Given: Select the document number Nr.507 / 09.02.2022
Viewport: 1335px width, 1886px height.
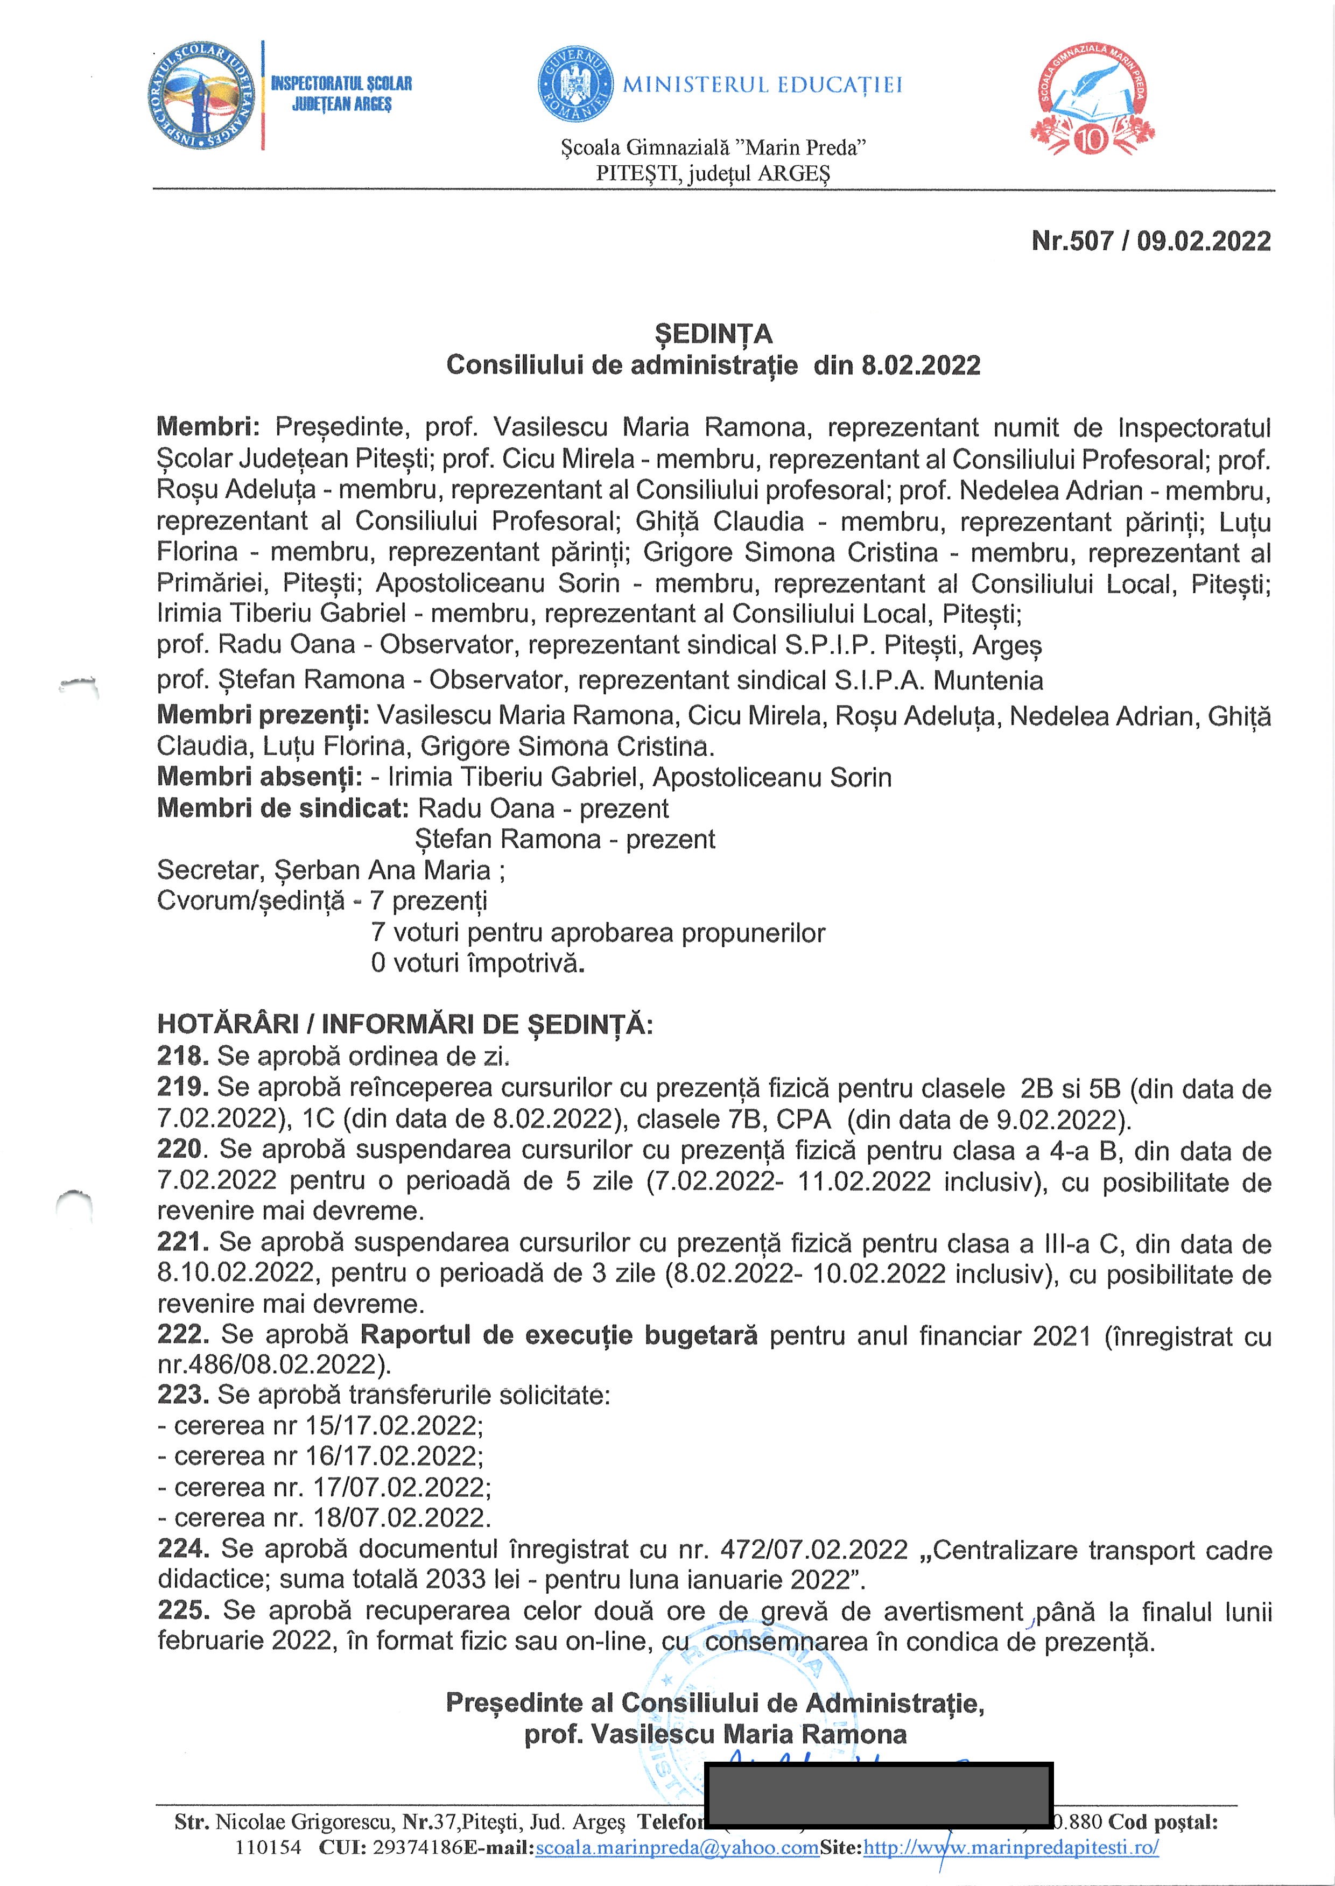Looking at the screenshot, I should click(x=1151, y=241).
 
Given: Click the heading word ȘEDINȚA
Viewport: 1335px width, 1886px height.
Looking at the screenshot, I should click(x=714, y=334).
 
